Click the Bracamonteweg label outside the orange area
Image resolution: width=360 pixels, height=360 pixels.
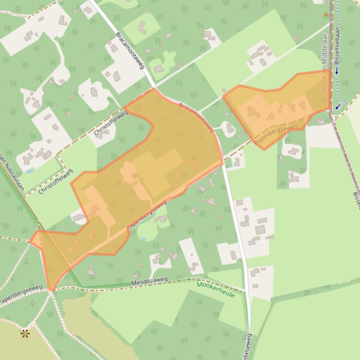[x=130, y=50]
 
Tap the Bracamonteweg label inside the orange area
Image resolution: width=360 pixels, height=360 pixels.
[x=196, y=116]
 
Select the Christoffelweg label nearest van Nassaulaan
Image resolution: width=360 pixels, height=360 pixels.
[x=56, y=182]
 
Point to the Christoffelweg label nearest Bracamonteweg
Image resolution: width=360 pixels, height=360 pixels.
[x=110, y=123]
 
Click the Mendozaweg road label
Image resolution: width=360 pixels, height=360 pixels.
[x=149, y=281]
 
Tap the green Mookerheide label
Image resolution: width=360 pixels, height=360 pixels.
[x=216, y=289]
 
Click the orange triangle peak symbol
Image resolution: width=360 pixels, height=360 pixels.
[x=326, y=15]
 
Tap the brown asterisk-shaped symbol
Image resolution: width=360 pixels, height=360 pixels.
[x=25, y=333]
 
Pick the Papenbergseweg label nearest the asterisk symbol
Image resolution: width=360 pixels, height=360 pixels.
[x=21, y=293]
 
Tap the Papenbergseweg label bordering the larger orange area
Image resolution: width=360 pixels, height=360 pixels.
[x=147, y=215]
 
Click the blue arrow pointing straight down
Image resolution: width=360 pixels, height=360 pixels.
[x=337, y=72]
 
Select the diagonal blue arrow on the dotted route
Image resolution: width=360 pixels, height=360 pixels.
[x=337, y=107]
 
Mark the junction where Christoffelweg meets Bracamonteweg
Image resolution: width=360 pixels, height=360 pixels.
[x=154, y=87]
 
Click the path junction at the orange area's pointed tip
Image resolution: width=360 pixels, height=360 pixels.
[x=51, y=290]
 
